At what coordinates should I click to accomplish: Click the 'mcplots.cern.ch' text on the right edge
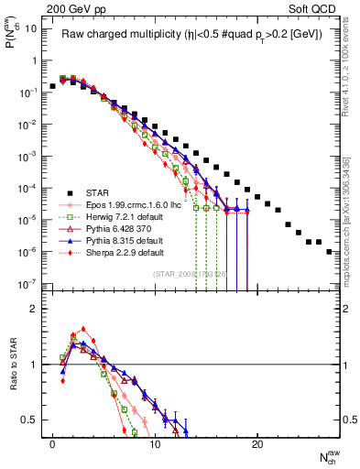click(x=352, y=234)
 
